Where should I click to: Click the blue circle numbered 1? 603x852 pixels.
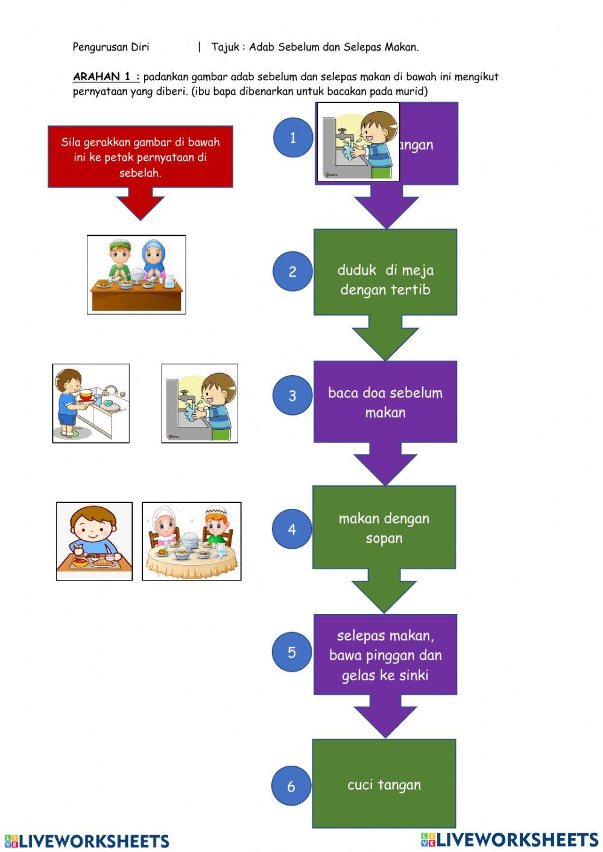[x=293, y=137]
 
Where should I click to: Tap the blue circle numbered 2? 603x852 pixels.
[x=292, y=271]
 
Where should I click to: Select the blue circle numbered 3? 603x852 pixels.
[x=292, y=395]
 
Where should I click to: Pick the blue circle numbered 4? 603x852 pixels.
[x=292, y=529]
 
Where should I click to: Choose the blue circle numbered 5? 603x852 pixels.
[x=292, y=652]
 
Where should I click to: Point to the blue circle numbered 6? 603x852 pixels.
[x=291, y=786]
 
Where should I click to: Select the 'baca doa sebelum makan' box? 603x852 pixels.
[x=385, y=402]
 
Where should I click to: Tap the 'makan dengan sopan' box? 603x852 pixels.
[x=384, y=528]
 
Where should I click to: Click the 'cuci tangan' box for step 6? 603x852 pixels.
[x=384, y=784]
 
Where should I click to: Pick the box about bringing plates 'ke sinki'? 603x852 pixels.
[x=385, y=655]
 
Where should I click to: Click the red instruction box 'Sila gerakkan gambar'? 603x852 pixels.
[x=140, y=157]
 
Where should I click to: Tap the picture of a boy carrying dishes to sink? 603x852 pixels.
[x=90, y=403]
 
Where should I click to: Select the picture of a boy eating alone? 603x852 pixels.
[x=94, y=541]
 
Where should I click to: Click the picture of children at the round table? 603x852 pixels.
[x=192, y=541]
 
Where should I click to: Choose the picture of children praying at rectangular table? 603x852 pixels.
[x=136, y=274]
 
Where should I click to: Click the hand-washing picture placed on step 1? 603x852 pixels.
[x=358, y=142]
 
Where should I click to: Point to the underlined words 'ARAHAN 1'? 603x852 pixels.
[x=106, y=77]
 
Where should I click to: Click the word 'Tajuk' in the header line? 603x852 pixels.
[x=225, y=46]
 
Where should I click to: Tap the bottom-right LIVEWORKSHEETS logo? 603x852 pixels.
[x=510, y=839]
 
